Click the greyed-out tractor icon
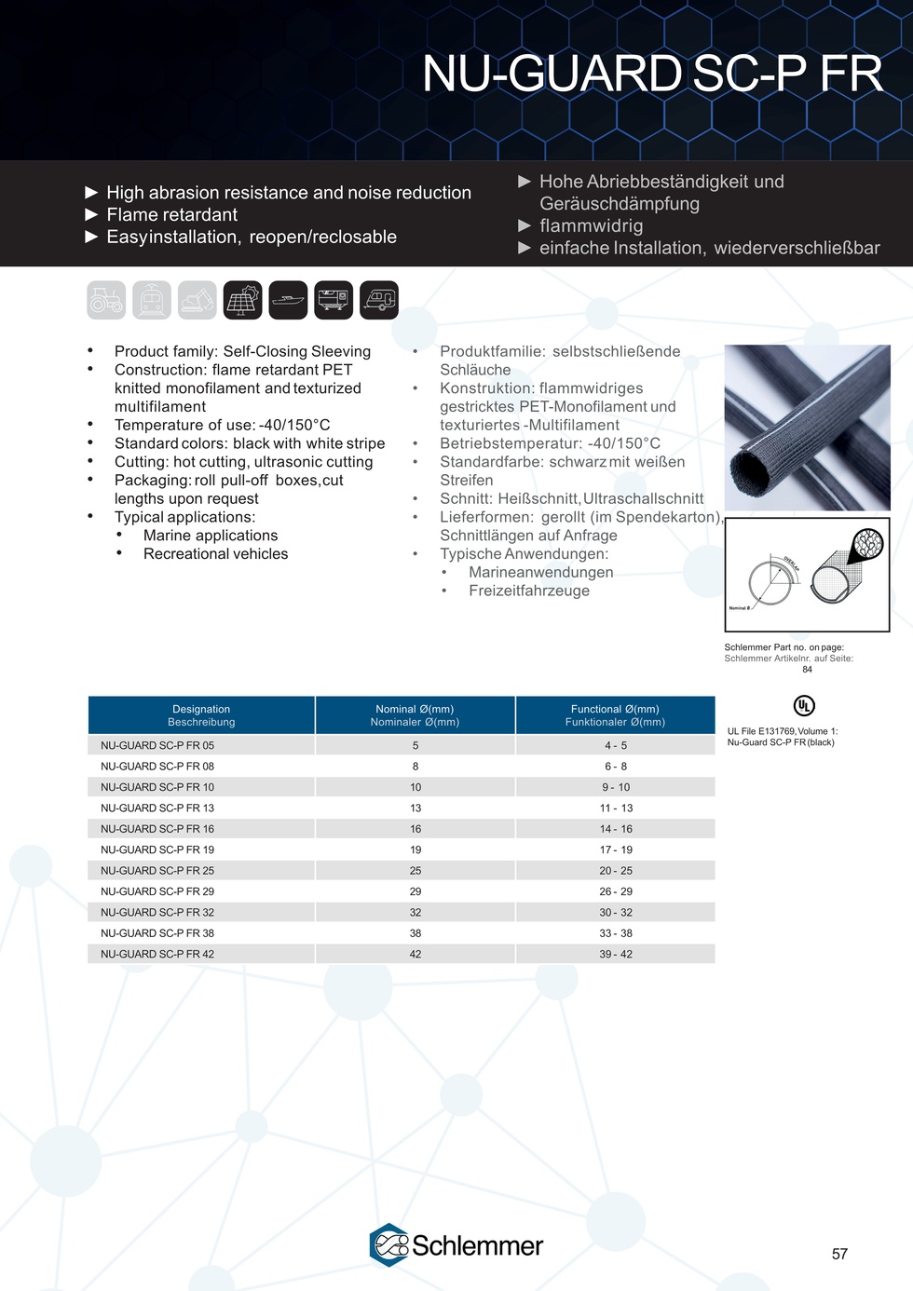click(106, 300)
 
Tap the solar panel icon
click(243, 300)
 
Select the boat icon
click(288, 300)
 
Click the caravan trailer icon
click(379, 300)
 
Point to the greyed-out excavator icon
click(198, 300)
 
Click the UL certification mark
click(804, 705)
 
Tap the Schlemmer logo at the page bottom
click(456, 1245)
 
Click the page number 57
click(839, 1255)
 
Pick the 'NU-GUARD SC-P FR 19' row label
click(157, 849)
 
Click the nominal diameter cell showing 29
click(416, 891)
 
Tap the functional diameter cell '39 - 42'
click(616, 954)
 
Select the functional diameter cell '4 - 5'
click(616, 745)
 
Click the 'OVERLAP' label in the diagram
click(790, 565)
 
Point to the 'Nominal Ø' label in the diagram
click(740, 607)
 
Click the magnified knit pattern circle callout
click(868, 544)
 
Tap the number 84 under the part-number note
click(807, 669)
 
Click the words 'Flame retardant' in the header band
click(172, 215)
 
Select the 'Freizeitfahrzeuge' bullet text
click(529, 591)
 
